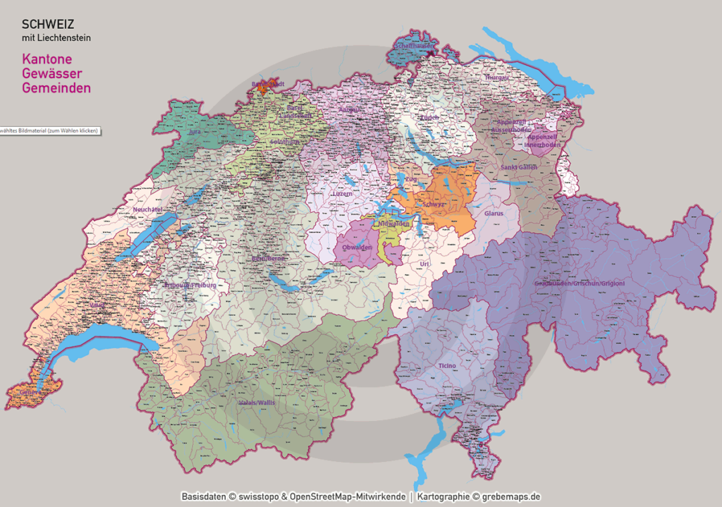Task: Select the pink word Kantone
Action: click(x=47, y=60)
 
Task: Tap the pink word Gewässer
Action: click(x=52, y=74)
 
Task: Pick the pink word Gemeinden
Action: click(x=56, y=88)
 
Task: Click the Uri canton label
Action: click(x=424, y=264)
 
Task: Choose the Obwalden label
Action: click(x=357, y=248)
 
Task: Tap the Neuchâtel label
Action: click(x=147, y=209)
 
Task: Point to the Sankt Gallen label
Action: click(x=518, y=167)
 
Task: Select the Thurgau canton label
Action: click(x=496, y=78)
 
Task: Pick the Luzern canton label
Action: click(x=343, y=194)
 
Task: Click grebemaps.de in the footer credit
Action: click(x=512, y=496)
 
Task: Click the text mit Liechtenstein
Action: click(x=56, y=37)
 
